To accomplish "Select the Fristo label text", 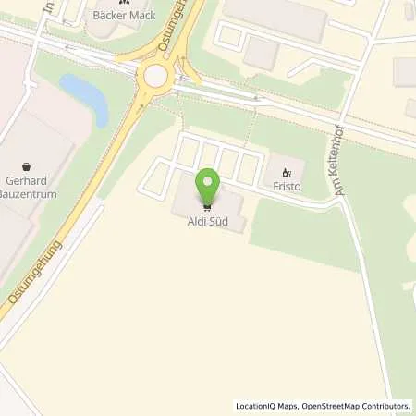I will (x=286, y=186).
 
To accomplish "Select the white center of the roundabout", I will (x=155, y=74).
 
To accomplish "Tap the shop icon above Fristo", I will (x=286, y=172).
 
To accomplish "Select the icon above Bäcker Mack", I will (x=122, y=3).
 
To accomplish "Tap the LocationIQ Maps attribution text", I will (x=263, y=406).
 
